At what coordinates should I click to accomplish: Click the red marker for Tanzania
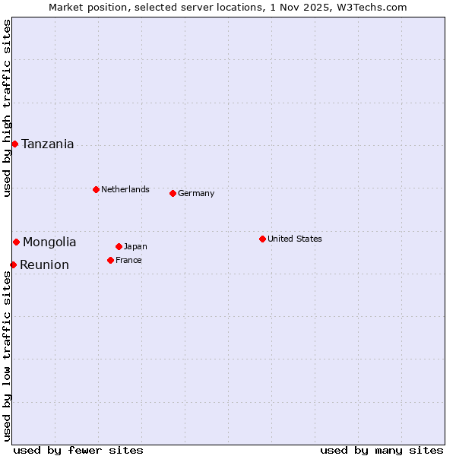coord(14,144)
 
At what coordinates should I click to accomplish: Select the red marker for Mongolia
coord(16,242)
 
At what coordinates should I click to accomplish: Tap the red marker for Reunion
coord(13,264)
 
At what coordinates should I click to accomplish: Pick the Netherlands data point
coord(96,189)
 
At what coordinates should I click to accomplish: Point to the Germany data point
coord(173,193)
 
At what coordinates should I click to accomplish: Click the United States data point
coord(262,239)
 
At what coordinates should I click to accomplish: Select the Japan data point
coord(119,246)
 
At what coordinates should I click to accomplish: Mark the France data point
coord(110,260)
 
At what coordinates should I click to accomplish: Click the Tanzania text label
coord(48,144)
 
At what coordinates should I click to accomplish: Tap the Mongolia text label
coord(49,242)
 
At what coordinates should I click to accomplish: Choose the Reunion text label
coord(44,264)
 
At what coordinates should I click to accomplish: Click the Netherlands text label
coord(125,189)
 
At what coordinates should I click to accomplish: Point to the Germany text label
coord(196,193)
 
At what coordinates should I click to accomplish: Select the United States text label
coord(295,239)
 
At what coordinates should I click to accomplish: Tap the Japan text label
coord(135,246)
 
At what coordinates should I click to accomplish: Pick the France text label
coord(128,260)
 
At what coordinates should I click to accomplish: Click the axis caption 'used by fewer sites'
coord(78,450)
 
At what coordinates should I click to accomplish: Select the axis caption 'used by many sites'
coord(382,450)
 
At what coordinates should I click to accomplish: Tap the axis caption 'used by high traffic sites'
coord(7,109)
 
